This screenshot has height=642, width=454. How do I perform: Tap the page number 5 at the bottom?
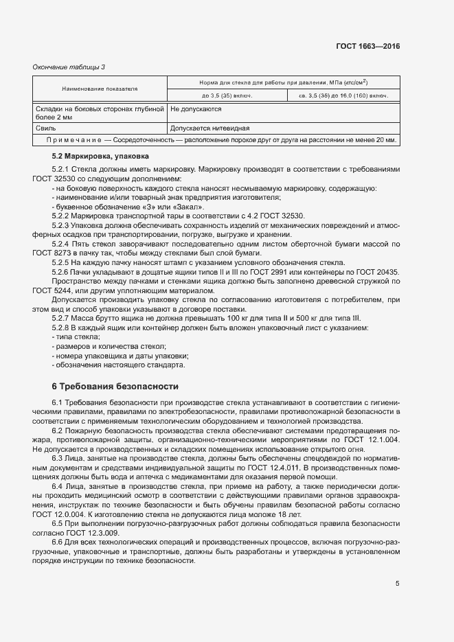click(x=397, y=584)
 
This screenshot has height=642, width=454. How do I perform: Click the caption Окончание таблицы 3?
click(x=69, y=67)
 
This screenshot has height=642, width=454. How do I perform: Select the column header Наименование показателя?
click(x=100, y=89)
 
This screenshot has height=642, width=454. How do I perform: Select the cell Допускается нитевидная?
click(x=209, y=128)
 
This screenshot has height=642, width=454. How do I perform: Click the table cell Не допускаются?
click(x=196, y=108)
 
